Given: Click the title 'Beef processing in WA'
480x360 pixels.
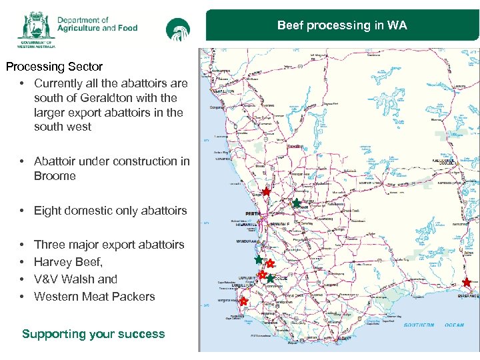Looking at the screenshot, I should (x=342, y=26).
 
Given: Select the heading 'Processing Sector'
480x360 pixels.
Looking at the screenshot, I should (x=54, y=67).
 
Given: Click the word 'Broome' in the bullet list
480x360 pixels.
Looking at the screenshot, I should (x=55, y=176).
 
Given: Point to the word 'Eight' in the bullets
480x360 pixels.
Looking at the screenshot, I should (x=48, y=211).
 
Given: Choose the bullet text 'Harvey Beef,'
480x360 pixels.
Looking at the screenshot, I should (x=68, y=262).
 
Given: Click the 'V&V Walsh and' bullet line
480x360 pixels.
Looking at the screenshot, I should (x=75, y=279).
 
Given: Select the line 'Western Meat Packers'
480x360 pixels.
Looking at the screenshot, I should (x=94, y=297).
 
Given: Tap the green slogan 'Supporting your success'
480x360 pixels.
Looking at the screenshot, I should (x=93, y=334).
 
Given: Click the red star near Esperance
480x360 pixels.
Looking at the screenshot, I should (x=467, y=283).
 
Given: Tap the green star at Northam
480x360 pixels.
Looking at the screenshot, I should (x=296, y=203).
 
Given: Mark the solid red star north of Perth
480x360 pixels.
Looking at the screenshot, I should (x=266, y=192).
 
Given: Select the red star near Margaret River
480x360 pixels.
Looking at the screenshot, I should (x=243, y=301).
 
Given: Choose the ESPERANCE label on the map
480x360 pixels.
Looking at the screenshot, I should (x=468, y=295).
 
